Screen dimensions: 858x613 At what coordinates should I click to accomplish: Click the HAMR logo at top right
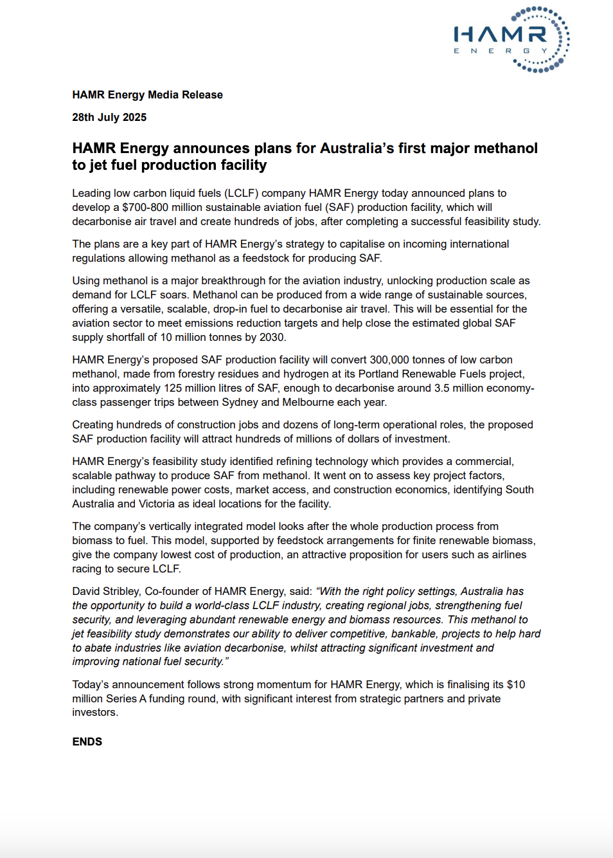click(511, 39)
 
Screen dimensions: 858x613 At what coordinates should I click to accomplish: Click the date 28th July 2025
click(109, 117)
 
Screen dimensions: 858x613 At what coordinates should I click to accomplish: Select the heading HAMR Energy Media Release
click(147, 95)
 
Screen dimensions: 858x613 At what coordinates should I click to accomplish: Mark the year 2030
click(271, 337)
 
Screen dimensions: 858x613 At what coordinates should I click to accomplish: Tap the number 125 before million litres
click(173, 388)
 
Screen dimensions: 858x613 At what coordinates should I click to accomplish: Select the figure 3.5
click(441, 388)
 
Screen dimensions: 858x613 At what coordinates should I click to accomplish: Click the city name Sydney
click(240, 402)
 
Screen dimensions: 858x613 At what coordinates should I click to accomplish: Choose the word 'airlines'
click(509, 554)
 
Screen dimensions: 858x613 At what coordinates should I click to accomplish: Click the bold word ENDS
click(87, 742)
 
